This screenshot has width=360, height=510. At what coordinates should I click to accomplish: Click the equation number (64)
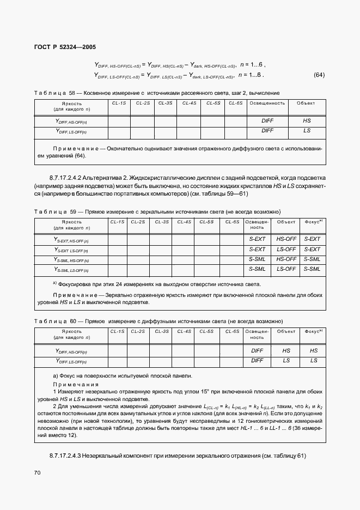pos(319,75)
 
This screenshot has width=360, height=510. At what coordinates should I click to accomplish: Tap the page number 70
pos(37,472)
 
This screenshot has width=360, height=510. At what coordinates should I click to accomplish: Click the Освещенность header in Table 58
pos(267,102)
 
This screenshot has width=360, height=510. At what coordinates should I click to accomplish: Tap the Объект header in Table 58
pos(306,102)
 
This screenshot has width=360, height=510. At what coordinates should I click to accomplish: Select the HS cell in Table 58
pos(307,121)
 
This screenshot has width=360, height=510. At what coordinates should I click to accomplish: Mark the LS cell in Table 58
pos(307,131)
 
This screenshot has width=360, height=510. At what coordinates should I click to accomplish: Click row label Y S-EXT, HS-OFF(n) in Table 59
pos(71,239)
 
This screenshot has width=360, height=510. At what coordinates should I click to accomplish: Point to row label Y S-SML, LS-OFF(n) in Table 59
pos(71,269)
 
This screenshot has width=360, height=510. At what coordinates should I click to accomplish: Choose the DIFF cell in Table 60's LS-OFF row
pos(257,361)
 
